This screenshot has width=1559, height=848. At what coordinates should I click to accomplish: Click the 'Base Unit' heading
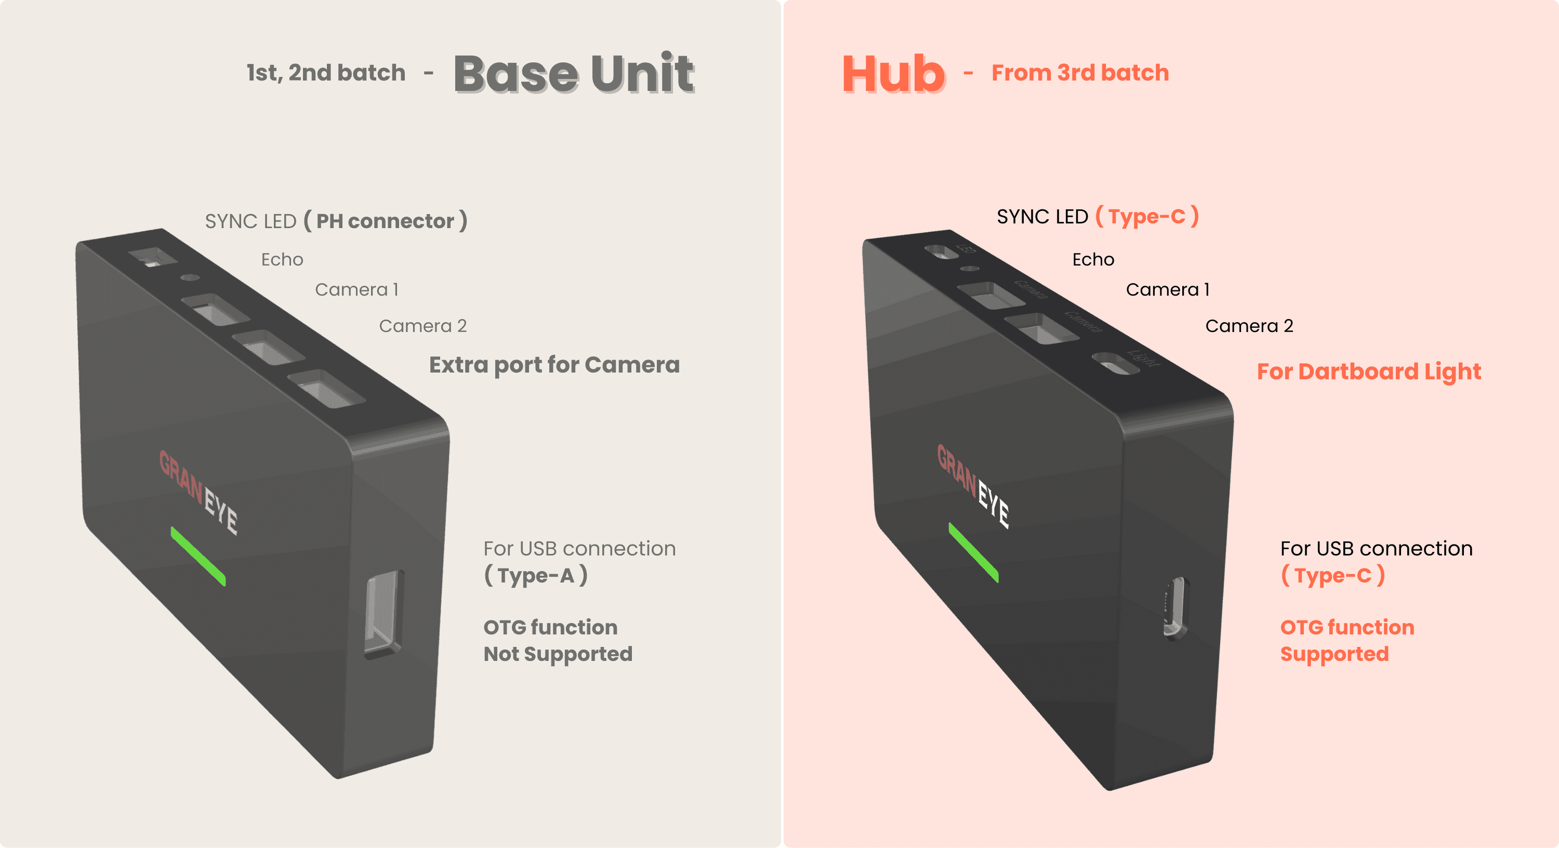(x=573, y=74)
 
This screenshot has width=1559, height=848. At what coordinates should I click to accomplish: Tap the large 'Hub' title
(x=893, y=74)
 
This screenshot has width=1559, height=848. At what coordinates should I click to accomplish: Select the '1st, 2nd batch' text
(x=326, y=73)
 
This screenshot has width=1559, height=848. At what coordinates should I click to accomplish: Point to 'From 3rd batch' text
(x=1080, y=73)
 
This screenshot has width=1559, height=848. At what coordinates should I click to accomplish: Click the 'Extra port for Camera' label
(x=554, y=365)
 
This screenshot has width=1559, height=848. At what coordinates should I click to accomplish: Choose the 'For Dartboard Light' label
(x=1368, y=372)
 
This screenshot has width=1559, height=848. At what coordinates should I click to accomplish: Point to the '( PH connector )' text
(x=386, y=221)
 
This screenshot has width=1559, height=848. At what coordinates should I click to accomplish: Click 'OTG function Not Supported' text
(x=558, y=640)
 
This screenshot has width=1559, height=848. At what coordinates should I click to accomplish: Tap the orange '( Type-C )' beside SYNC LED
(x=1147, y=216)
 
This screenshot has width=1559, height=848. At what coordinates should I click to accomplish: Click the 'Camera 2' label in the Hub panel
(x=1249, y=326)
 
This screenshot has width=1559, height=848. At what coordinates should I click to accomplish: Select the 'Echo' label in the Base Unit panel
(x=282, y=259)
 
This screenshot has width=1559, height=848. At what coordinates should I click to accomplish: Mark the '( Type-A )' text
(x=536, y=575)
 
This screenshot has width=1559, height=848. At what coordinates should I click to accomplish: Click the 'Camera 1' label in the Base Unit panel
(x=356, y=289)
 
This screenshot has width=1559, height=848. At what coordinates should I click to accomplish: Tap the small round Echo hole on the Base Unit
(x=190, y=277)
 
